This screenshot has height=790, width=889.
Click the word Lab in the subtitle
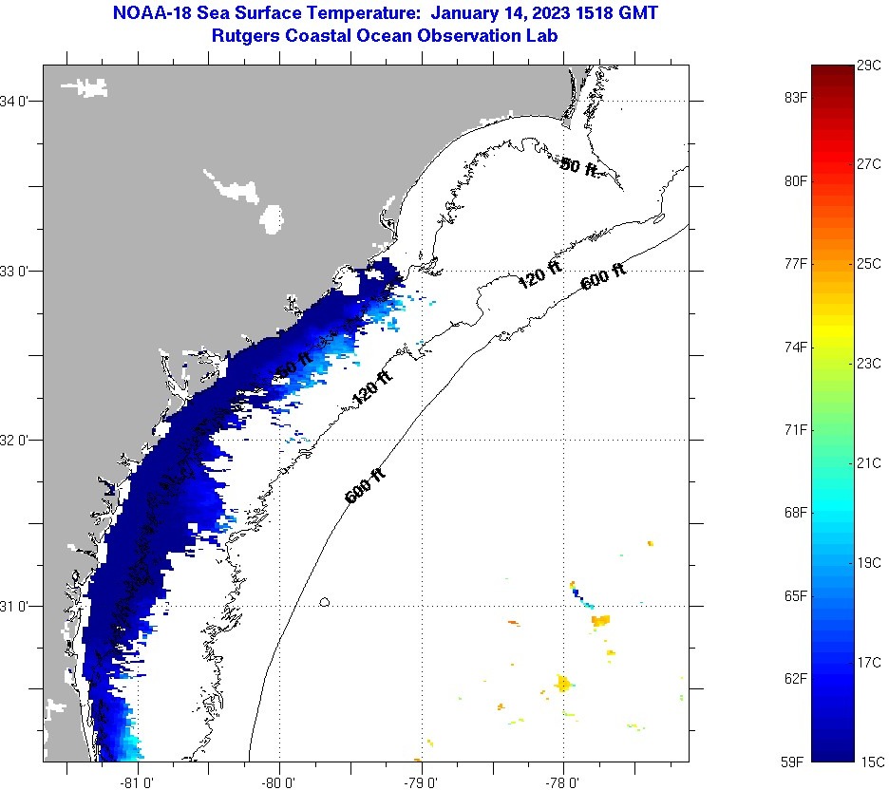tap(541, 35)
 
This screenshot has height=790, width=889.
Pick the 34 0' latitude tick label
tap(21, 101)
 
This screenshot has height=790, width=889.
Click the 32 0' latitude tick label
tap(21, 440)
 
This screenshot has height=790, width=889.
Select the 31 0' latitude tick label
tap(21, 606)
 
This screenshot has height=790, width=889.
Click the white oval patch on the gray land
tap(273, 219)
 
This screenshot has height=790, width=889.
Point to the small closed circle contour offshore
tap(325, 602)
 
